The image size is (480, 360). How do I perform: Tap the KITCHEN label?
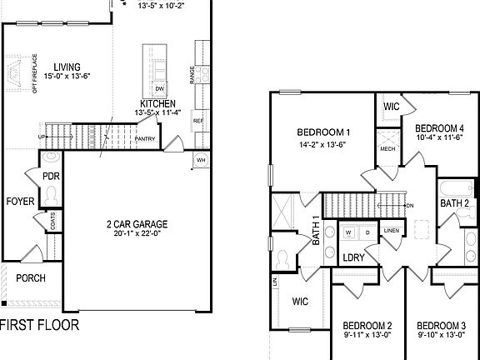[x=157, y=103]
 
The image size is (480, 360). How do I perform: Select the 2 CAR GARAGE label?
[x=137, y=224]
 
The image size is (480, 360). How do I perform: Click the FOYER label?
[x=20, y=202]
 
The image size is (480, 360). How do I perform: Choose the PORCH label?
[x=31, y=278]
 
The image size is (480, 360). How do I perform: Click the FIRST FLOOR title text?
[x=40, y=324]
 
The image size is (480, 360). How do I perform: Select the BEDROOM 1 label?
[x=323, y=132]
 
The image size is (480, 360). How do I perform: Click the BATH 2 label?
[x=455, y=202]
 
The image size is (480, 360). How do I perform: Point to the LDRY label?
[x=354, y=258]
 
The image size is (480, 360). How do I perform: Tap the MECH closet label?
[x=387, y=149]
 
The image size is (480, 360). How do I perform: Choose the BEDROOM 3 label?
[x=441, y=325]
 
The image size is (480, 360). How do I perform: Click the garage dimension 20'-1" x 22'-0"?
[x=137, y=234]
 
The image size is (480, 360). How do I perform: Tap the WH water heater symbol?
[x=201, y=158]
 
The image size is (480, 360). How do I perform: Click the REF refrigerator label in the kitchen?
[x=198, y=121]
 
